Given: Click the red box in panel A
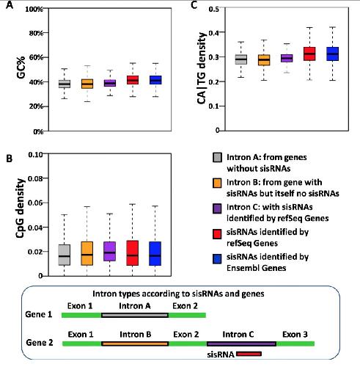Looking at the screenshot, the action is (x=133, y=80).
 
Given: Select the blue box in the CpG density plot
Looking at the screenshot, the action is (x=155, y=253).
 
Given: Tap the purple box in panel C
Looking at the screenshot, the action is (x=287, y=58).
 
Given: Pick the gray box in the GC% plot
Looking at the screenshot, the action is (x=65, y=84).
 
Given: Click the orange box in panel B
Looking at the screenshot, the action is (x=87, y=253).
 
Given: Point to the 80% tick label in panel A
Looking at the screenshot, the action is (x=36, y=33).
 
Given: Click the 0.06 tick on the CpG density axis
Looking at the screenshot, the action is (x=35, y=203).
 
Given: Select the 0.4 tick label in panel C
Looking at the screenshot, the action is (x=213, y=32).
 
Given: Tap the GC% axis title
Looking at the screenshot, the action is (x=21, y=68).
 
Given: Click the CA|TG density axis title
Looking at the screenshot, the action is (x=201, y=68).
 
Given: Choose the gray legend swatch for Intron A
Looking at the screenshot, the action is (x=217, y=158).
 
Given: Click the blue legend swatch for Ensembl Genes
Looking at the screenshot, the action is (x=217, y=259).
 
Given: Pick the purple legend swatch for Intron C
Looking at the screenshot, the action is (x=217, y=208).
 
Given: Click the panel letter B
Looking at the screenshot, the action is (x=9, y=159).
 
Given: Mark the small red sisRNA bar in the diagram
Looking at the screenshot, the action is (x=249, y=354).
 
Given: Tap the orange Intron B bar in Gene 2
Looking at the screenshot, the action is (x=135, y=344).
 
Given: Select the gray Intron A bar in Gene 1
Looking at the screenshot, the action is (x=135, y=315).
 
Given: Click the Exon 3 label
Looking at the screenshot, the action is (x=295, y=334).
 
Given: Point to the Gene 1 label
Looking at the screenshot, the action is (x=39, y=314).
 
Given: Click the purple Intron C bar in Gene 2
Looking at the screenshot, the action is (x=241, y=344).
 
